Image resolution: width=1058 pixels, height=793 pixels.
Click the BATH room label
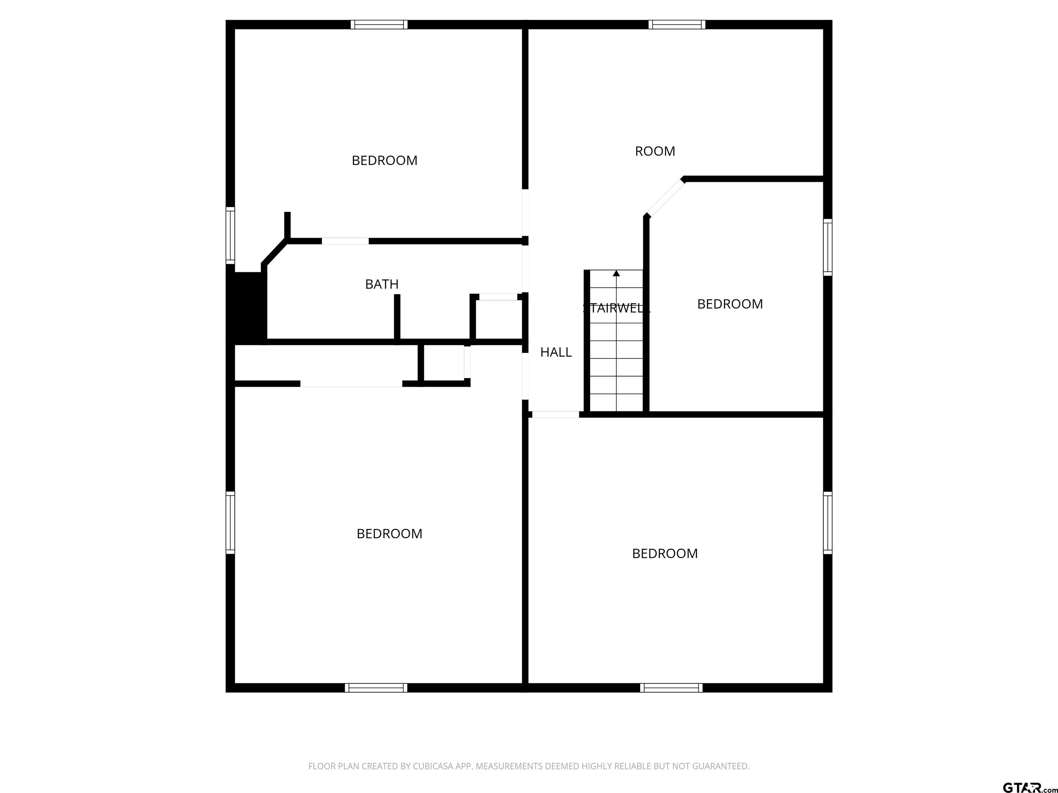click(x=382, y=284)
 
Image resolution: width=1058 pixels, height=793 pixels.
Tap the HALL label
click(x=556, y=352)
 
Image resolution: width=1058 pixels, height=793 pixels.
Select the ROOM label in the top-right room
click(x=655, y=151)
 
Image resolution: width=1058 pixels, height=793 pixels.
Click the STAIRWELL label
click(x=616, y=308)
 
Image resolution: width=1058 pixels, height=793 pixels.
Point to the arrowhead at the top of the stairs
click(x=616, y=273)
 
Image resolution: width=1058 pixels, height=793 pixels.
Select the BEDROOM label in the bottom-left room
click(x=389, y=533)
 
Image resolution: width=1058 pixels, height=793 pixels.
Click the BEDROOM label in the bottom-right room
click(x=665, y=553)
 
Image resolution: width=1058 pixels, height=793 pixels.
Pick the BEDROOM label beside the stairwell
click(x=730, y=304)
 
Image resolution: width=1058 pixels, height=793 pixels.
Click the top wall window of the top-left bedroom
click(x=379, y=24)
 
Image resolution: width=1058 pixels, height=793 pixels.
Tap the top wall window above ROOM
click(x=677, y=24)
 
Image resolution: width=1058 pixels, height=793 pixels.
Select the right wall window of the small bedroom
click(x=828, y=247)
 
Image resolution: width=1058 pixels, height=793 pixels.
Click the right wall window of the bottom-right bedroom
click(x=828, y=522)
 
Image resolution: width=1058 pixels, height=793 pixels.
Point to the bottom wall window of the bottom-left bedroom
click(x=376, y=688)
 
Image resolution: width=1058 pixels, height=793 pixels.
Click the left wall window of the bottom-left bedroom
click(x=230, y=522)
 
